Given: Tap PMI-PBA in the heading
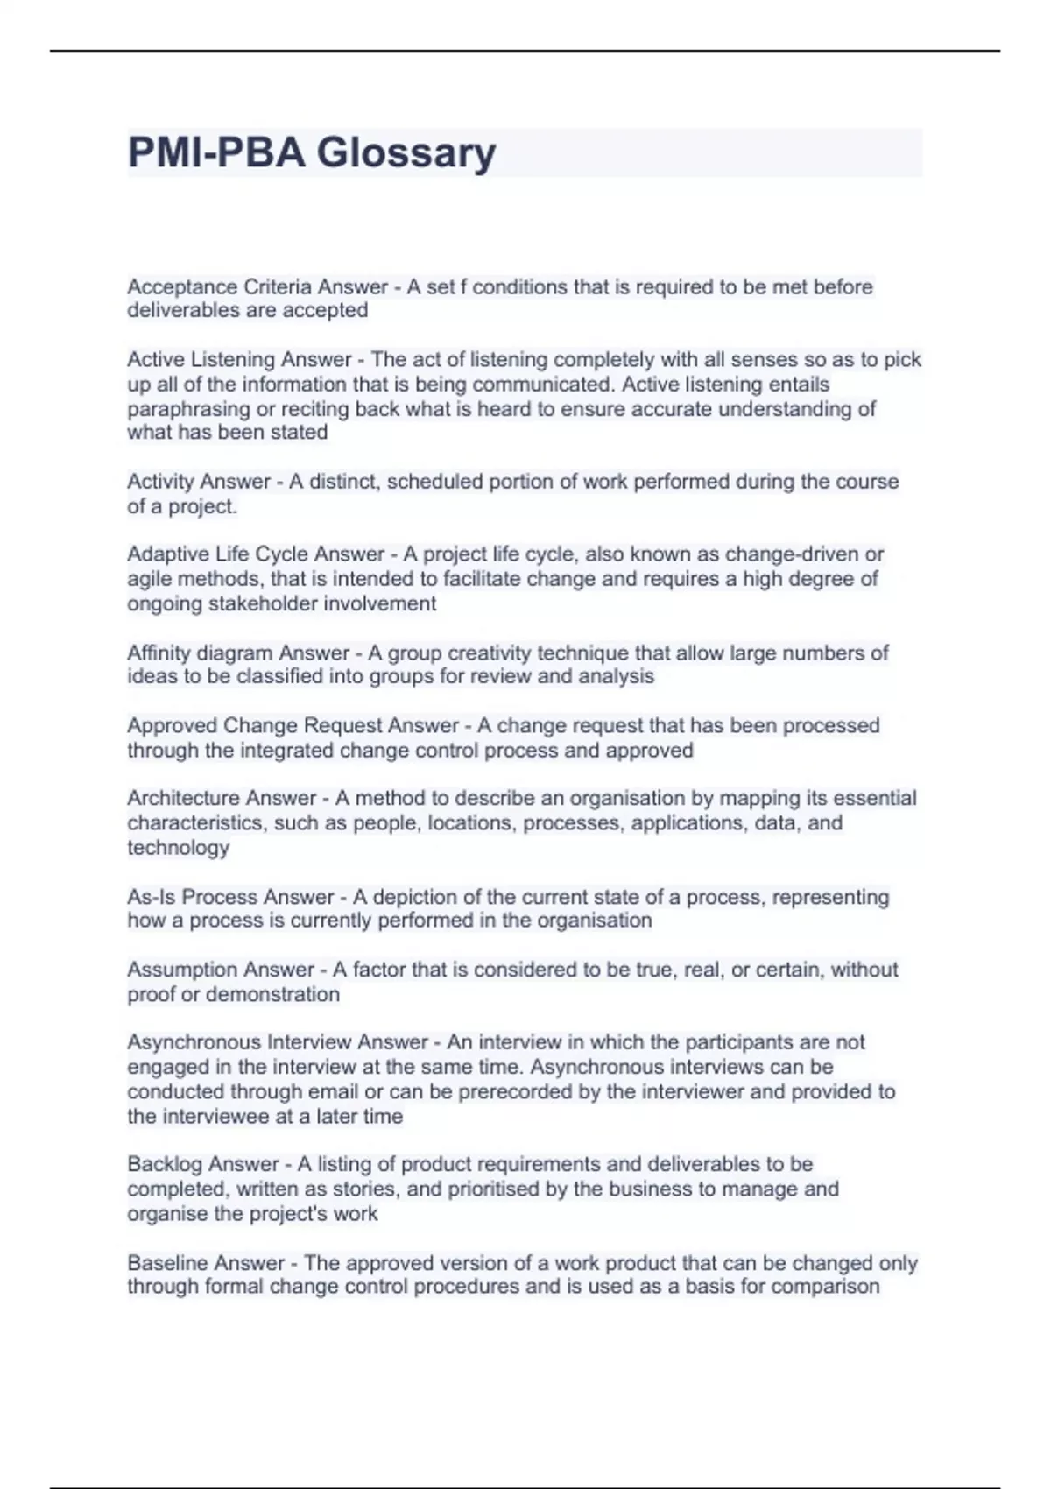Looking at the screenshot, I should click(x=216, y=152).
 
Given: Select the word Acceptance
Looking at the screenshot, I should click(x=182, y=286).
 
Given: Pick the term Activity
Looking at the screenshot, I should click(x=162, y=482).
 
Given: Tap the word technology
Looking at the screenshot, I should click(x=178, y=848).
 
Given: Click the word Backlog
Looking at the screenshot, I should click(x=160, y=1164).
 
